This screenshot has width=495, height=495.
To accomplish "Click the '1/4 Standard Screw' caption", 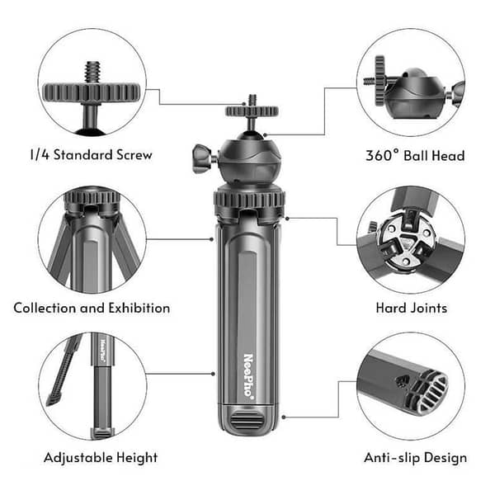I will pyautogui.click(x=91, y=155).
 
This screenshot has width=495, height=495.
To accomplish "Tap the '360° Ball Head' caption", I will pyautogui.click(x=415, y=155).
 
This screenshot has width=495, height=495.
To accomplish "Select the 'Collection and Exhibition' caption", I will pyautogui.click(x=92, y=308).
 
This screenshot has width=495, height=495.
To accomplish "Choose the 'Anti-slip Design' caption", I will pyautogui.click(x=415, y=457).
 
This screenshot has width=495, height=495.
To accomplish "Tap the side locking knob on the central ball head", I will pyautogui.click(x=201, y=154).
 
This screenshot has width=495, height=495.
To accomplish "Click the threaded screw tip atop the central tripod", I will pyautogui.click(x=251, y=99).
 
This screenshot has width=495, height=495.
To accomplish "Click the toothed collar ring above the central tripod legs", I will pyautogui.click(x=250, y=199).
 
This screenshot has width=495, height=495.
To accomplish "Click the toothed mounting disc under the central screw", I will pyautogui.click(x=251, y=111).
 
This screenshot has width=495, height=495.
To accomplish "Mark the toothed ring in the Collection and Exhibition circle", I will pyautogui.click(x=92, y=199).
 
